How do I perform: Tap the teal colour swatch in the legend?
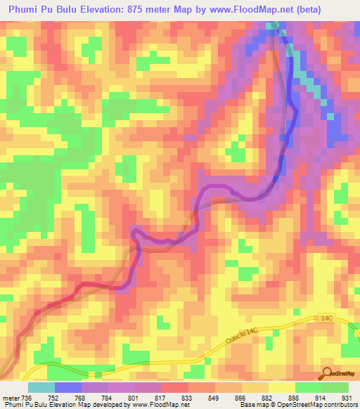tap(41, 387)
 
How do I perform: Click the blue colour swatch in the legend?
tap(67, 387)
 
